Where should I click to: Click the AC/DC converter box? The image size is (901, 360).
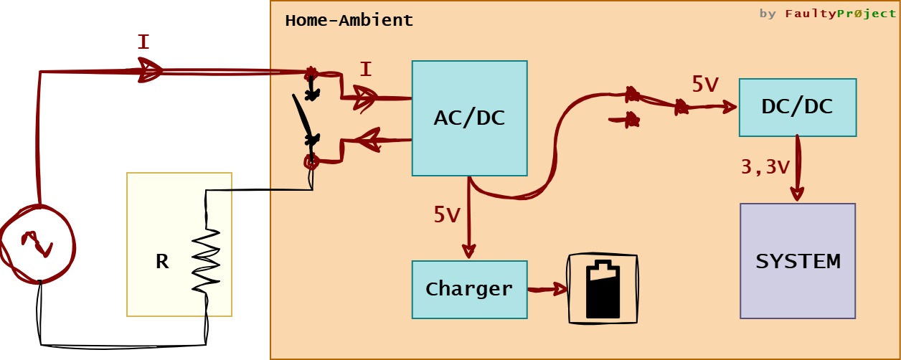(x=469, y=118)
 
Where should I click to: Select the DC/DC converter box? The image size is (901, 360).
(x=797, y=108)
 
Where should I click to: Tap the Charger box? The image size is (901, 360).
(x=469, y=290)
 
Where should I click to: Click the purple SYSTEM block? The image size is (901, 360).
(x=798, y=261)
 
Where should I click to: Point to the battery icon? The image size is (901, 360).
(x=603, y=290)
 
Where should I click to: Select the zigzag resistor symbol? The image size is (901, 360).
(x=206, y=260)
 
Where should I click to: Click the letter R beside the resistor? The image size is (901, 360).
(x=162, y=262)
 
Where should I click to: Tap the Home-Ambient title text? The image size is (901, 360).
(x=349, y=20)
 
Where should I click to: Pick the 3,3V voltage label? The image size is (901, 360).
(x=765, y=167)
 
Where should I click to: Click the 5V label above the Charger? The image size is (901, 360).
(x=446, y=214)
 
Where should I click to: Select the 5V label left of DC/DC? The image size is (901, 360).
(x=704, y=85)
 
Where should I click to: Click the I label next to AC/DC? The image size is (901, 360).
(x=366, y=70)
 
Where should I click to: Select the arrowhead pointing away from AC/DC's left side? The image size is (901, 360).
(x=367, y=140)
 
